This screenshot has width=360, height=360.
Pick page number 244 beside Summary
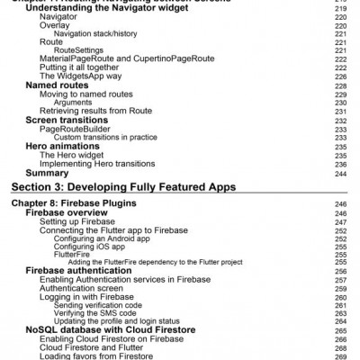[x=341, y=173]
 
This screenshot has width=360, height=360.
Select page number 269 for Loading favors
[x=341, y=355]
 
